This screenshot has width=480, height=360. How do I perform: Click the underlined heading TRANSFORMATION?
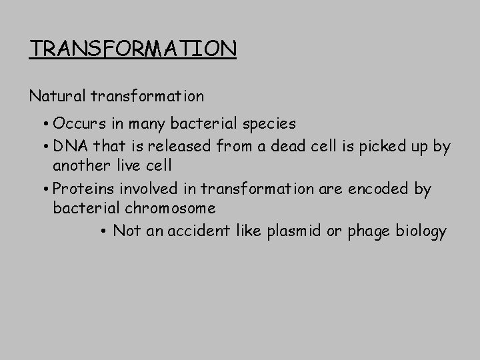pos(133,49)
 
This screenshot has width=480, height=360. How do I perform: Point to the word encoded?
pos(378,189)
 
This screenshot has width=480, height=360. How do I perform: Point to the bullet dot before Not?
pos(105,232)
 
